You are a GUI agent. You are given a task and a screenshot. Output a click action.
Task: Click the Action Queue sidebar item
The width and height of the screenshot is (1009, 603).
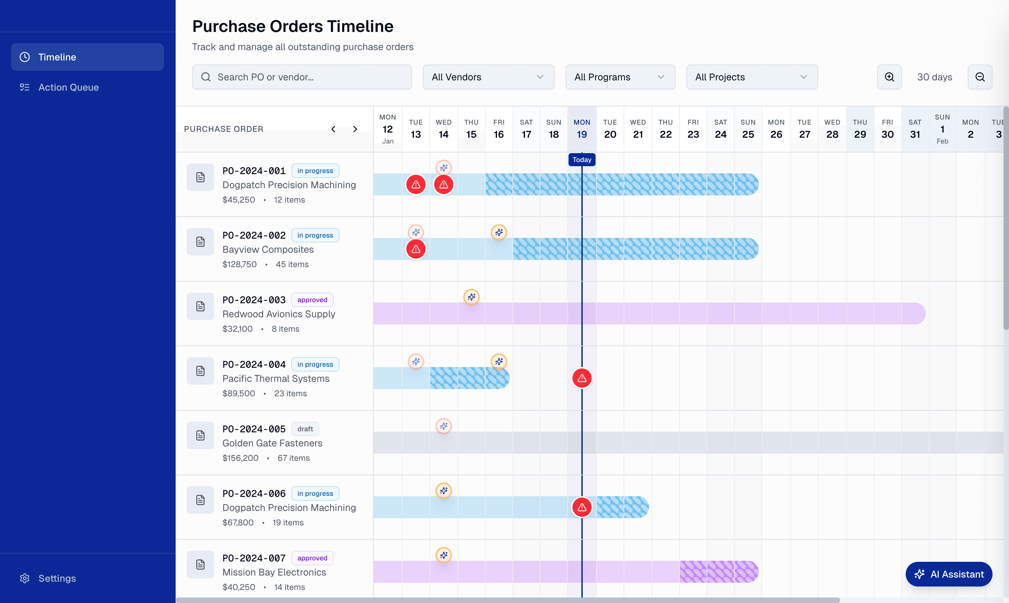68,87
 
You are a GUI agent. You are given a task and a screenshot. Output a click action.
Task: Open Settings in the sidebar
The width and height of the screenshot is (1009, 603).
57,578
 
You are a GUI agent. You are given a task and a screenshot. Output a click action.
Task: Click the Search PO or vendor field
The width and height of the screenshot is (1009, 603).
302,77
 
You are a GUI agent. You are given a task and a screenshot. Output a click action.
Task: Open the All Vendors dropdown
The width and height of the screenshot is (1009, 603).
488,77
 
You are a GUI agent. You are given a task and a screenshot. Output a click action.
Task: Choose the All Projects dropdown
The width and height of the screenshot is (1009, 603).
752,77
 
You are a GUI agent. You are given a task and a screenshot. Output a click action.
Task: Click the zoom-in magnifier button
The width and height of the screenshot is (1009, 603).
889,77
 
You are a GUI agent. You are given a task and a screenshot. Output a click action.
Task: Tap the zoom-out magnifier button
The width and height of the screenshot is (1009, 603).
980,77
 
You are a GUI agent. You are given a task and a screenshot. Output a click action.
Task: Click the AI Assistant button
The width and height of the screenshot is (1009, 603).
949,574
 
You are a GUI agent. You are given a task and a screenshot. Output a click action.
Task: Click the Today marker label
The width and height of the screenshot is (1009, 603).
581,160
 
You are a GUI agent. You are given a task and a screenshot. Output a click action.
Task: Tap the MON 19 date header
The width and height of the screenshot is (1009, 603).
581,129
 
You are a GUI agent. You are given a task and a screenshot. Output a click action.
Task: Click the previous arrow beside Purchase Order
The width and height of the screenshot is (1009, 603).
333,129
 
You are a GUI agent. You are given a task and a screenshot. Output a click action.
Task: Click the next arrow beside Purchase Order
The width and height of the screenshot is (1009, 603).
355,129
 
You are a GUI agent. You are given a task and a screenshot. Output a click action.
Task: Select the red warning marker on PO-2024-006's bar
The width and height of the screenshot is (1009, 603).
581,507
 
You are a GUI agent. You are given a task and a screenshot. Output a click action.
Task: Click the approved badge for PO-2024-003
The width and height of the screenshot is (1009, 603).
312,300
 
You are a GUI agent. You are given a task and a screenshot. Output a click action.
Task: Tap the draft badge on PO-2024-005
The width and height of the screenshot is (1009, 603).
305,429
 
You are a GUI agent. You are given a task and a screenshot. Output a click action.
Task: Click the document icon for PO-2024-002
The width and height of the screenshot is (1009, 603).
200,242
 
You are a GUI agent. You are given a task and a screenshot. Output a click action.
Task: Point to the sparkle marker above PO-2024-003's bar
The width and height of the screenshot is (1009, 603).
471,297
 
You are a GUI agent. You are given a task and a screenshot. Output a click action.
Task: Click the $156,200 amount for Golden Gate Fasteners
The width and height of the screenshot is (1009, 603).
240,458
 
